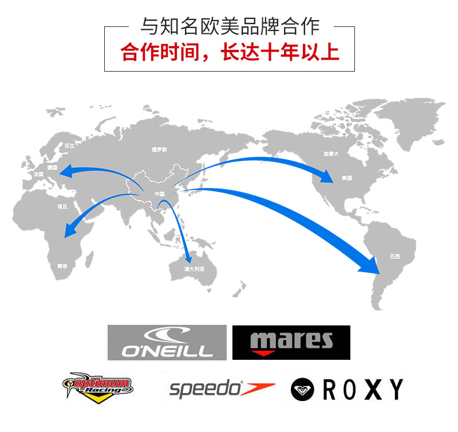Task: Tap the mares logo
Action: click(x=291, y=343)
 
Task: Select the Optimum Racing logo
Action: click(x=101, y=388)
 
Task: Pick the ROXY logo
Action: click(x=347, y=390)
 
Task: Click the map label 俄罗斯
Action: click(x=159, y=150)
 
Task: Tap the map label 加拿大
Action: click(x=331, y=154)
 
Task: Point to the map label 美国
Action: click(x=347, y=178)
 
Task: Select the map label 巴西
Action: click(x=394, y=256)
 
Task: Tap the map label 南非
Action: click(x=62, y=266)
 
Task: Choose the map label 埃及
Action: click(x=62, y=206)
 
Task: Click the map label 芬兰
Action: click(x=69, y=146)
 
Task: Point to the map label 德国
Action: click(x=53, y=167)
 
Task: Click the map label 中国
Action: click(x=160, y=194)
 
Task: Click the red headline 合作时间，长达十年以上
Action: click(x=230, y=52)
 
